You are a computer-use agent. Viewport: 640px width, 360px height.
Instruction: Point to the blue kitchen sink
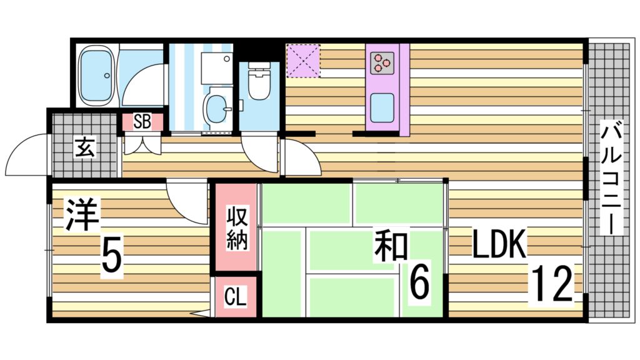pyautogui.click(x=382, y=107)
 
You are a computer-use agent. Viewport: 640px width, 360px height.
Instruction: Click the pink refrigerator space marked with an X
pyautogui.click(x=303, y=61)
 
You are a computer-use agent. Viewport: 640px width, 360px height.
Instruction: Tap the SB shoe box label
pyautogui.click(x=142, y=122)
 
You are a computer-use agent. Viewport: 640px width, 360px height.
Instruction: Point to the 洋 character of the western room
pyautogui.click(x=82, y=216)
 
